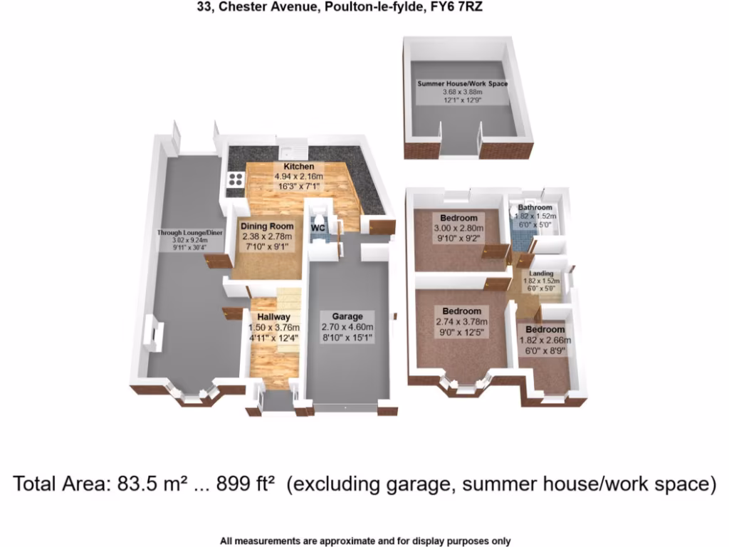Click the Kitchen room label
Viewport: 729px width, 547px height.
tap(298, 167)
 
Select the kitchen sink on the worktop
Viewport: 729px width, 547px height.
tap(292, 150)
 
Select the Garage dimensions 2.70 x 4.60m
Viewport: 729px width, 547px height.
tap(348, 327)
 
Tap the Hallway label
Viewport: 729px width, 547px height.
tap(273, 317)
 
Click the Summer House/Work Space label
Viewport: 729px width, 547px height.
tap(463, 83)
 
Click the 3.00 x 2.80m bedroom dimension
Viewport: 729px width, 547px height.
tap(458, 228)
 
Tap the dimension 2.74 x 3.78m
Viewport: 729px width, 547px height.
tap(461, 322)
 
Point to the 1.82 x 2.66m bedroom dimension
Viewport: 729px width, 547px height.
tap(545, 340)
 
